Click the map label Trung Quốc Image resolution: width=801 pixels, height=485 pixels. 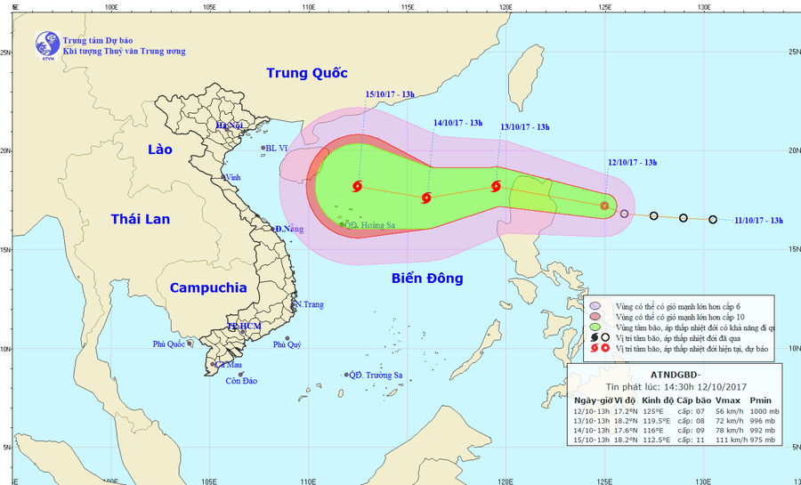click(x=306, y=73)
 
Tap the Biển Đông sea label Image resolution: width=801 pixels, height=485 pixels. click(x=427, y=279)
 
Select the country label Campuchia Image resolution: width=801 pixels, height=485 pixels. click(x=207, y=287)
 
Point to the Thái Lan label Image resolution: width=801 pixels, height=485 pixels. click(x=140, y=219)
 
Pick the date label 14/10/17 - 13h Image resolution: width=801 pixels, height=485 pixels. click(x=457, y=123)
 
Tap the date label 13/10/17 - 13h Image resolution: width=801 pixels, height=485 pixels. click(x=525, y=127)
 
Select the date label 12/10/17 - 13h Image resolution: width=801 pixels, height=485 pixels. click(x=632, y=163)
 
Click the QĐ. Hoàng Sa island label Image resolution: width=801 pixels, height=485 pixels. click(x=372, y=224)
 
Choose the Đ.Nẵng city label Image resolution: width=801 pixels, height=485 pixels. click(x=288, y=230)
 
